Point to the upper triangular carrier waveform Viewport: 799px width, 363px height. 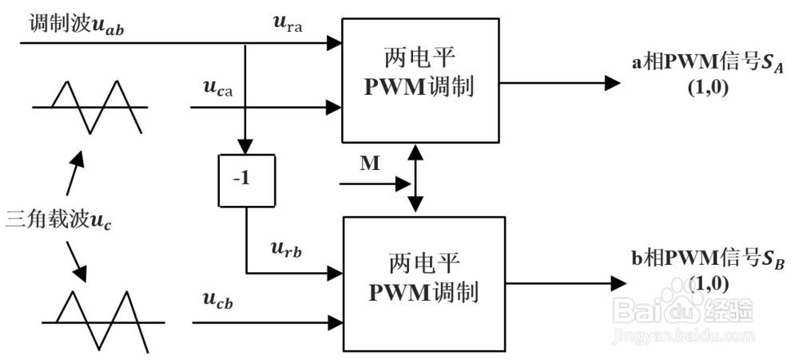coord(89,106)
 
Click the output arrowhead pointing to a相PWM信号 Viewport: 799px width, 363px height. coord(614,82)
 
